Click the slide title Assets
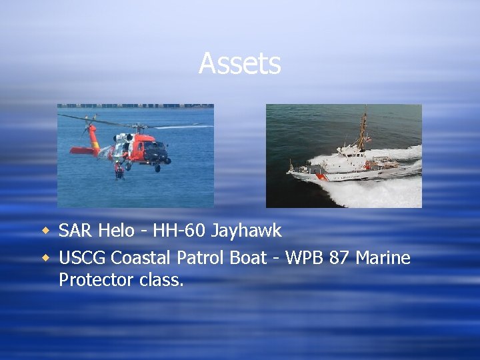coord(239,64)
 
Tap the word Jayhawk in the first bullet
coord(247,231)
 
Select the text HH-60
coord(179,231)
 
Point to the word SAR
coord(76,231)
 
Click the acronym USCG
coord(83,257)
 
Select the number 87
coord(340,257)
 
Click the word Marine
coord(383,257)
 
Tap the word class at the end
coord(161,280)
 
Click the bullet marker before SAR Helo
coord(46,231)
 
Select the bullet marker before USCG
coord(46,257)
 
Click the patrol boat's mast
coord(363,130)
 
